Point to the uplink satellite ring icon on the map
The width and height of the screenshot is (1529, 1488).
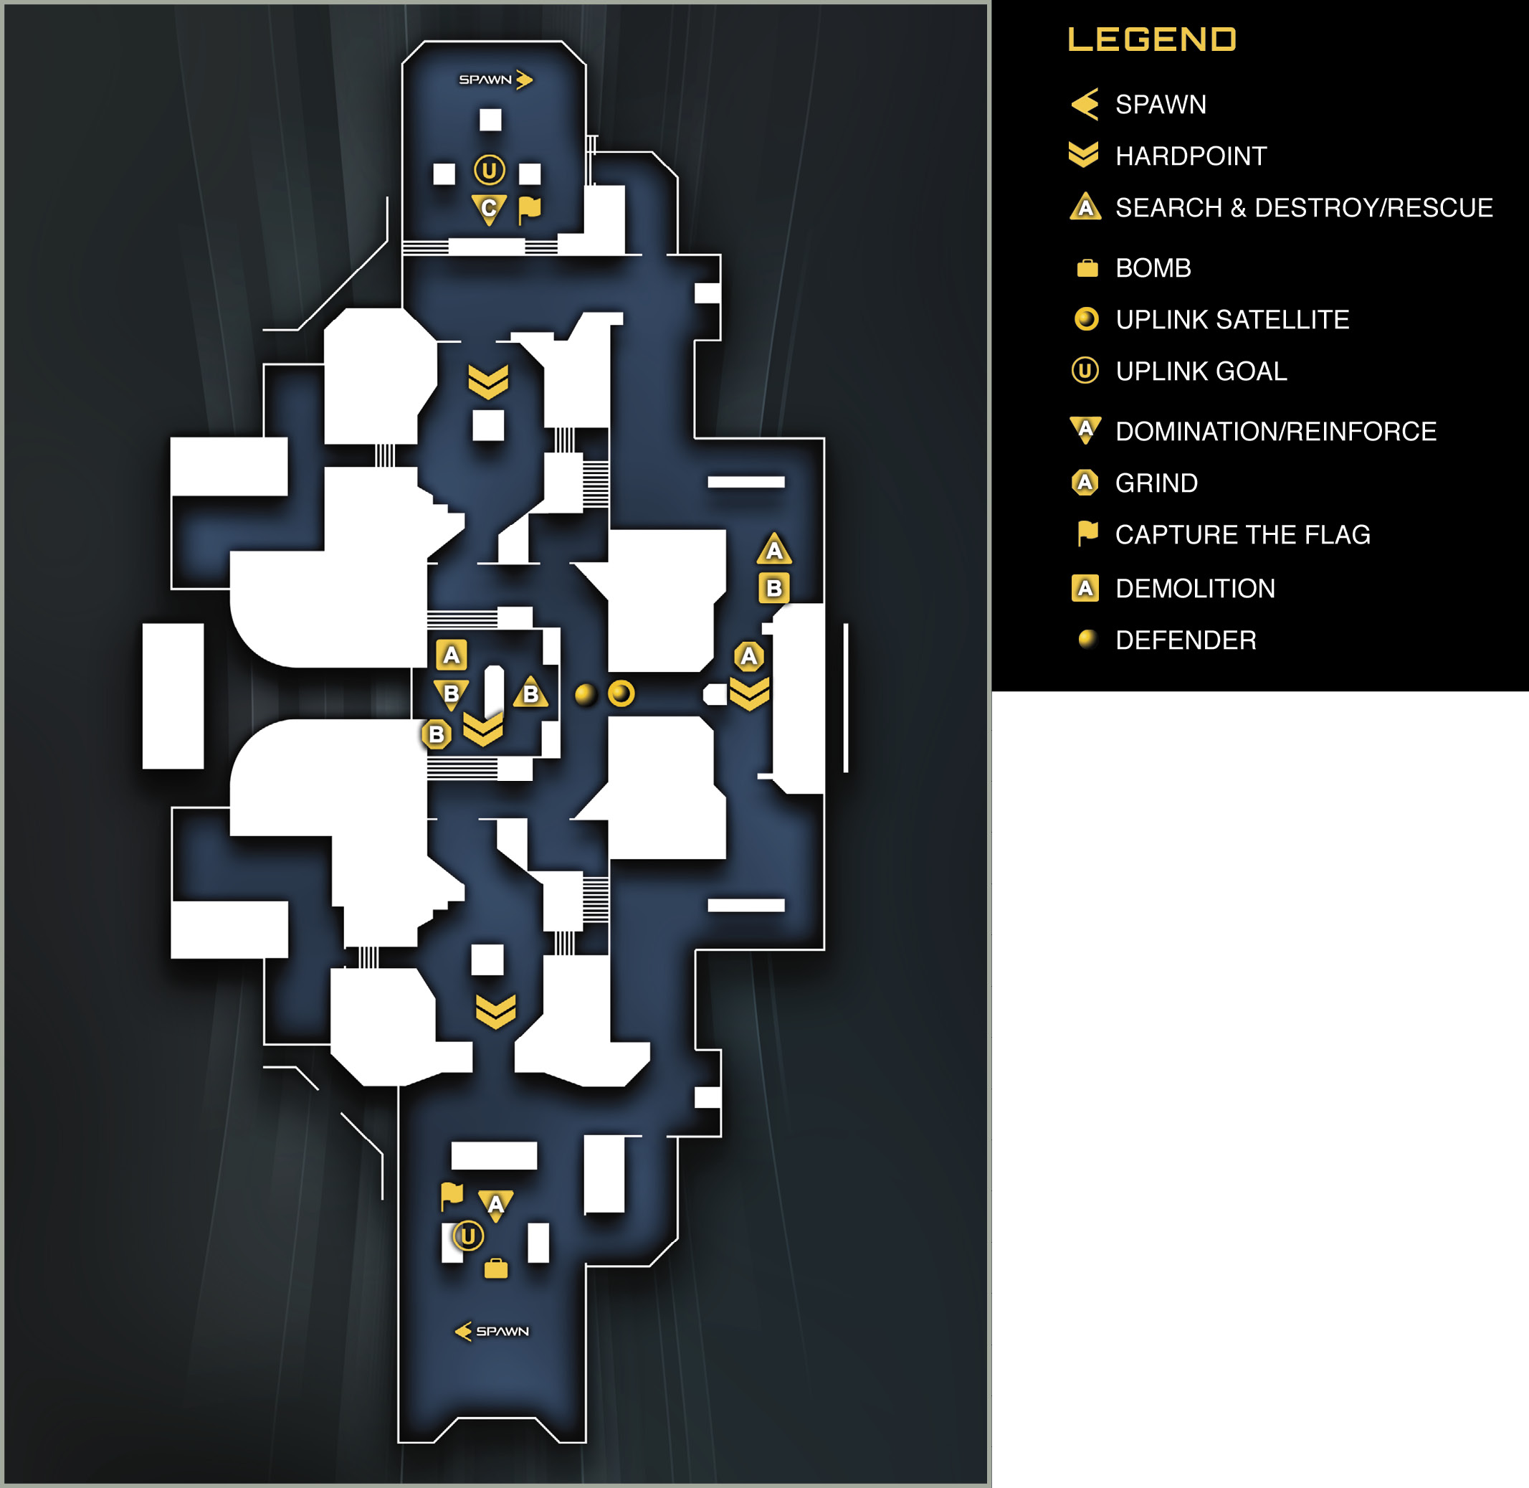click(621, 693)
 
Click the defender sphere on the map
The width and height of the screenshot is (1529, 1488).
click(585, 694)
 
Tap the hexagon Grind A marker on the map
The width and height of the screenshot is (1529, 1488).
click(748, 655)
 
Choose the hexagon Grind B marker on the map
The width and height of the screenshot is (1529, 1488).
click(436, 734)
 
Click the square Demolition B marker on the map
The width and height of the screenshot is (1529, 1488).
click(773, 588)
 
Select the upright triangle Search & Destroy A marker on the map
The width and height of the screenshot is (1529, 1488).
click(774, 549)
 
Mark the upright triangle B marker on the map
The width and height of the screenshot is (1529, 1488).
click(530, 693)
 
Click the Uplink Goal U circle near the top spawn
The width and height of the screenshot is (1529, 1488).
click(489, 169)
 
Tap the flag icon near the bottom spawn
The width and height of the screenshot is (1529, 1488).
click(452, 1195)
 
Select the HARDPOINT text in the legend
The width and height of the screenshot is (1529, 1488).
click(1191, 156)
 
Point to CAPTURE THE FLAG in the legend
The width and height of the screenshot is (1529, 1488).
click(1242, 534)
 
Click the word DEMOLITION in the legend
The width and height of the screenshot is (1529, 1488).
click(1196, 589)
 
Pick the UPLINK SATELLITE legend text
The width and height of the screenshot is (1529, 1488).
click(1232, 320)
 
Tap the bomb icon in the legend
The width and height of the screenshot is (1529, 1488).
click(1087, 268)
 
